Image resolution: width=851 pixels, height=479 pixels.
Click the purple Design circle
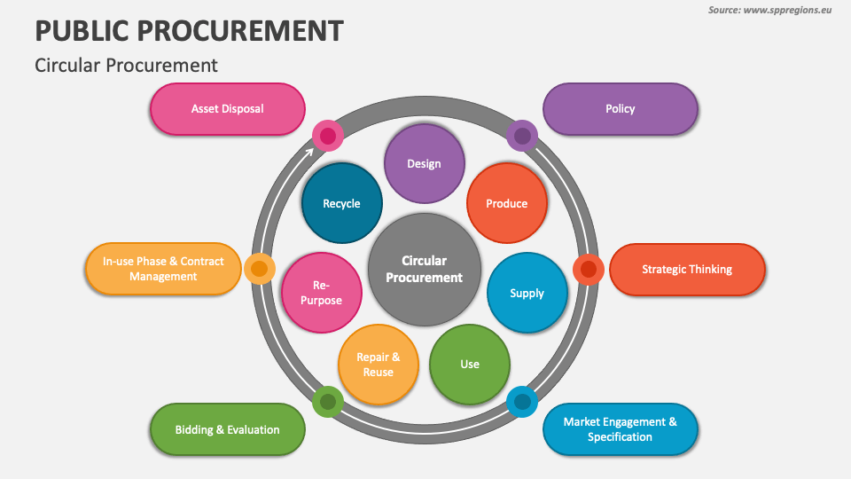[x=424, y=163]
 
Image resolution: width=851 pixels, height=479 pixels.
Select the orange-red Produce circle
[x=506, y=203]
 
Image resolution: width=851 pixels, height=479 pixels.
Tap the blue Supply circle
[x=527, y=293]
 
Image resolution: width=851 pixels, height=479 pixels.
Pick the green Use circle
[x=469, y=364]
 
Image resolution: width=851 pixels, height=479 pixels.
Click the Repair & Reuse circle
[x=378, y=364]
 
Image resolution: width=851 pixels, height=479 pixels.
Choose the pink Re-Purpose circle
[x=321, y=293]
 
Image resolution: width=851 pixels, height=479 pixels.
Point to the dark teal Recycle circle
[x=341, y=203]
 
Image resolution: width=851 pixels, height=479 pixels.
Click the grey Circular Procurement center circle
[x=424, y=269]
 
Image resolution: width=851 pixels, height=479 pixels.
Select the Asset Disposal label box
[x=228, y=109]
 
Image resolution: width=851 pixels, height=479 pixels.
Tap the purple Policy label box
[x=620, y=109]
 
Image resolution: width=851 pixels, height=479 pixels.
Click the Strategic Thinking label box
[x=686, y=269]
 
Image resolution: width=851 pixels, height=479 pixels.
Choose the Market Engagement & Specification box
[x=620, y=429]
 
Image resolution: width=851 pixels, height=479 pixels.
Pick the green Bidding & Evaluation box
[x=228, y=429]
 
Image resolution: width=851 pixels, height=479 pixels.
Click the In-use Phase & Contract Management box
[x=163, y=269]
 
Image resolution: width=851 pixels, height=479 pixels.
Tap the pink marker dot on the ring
[x=328, y=136]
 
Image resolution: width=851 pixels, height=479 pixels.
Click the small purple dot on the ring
[x=523, y=136]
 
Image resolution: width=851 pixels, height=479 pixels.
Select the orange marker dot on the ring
[x=259, y=268]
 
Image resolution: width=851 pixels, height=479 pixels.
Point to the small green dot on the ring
[x=328, y=402]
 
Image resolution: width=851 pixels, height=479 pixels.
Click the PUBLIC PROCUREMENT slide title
[x=189, y=31]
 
